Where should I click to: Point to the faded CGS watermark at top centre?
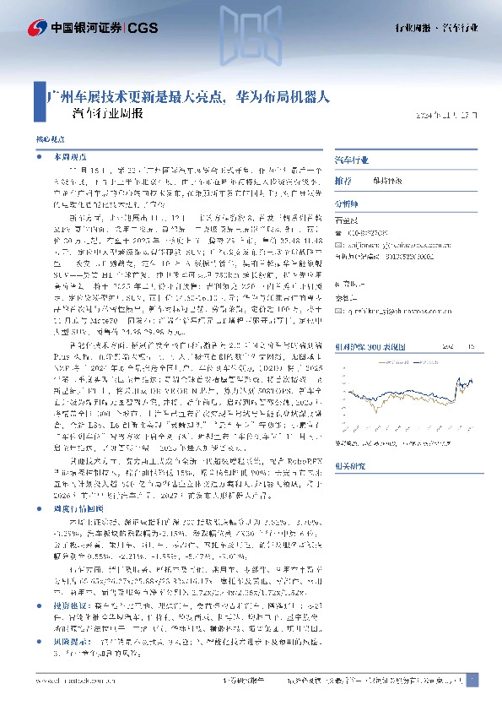[251, 34]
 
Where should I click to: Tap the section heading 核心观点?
[47, 137]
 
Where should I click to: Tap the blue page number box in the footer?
[473, 681]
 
